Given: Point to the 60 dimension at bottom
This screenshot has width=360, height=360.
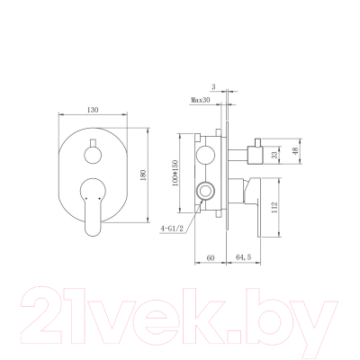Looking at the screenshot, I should click(210, 257).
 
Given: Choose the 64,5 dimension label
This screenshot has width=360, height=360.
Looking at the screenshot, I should click(244, 257).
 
